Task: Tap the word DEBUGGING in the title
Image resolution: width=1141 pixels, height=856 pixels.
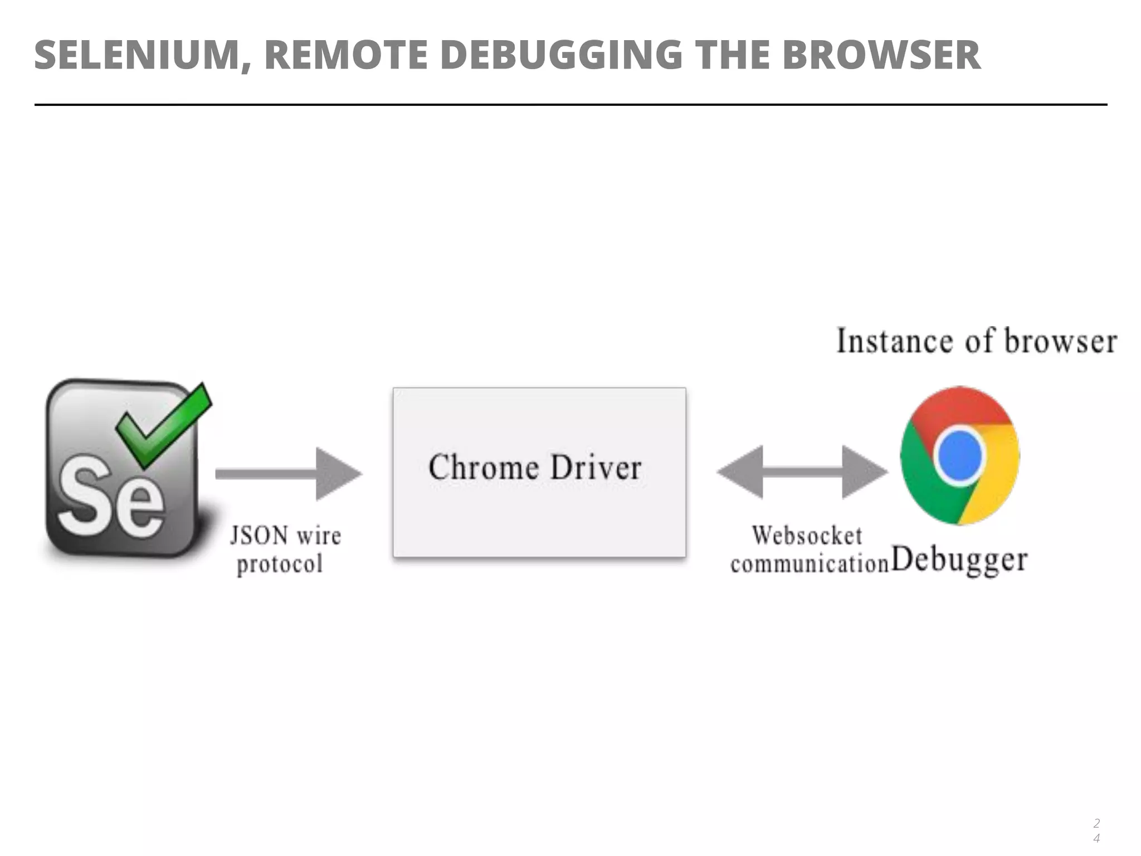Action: pyautogui.click(x=561, y=55)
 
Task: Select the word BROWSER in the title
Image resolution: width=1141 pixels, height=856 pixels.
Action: pyautogui.click(x=881, y=55)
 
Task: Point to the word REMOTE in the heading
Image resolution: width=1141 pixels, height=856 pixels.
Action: pyautogui.click(x=345, y=55)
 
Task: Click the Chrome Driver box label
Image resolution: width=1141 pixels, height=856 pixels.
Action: pyautogui.click(x=535, y=468)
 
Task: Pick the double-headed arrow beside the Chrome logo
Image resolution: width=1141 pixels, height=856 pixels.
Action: pyautogui.click(x=802, y=472)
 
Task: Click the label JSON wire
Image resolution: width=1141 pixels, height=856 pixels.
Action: pyautogui.click(x=285, y=536)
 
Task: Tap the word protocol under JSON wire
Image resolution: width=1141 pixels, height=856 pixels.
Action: pyautogui.click(x=280, y=564)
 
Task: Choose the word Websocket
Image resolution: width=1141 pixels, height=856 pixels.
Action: pyautogui.click(x=806, y=536)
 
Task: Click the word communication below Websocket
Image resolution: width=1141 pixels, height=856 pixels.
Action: pyautogui.click(x=809, y=564)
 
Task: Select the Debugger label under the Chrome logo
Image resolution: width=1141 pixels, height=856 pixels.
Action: pyautogui.click(x=959, y=560)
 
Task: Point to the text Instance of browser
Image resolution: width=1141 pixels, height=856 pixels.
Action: pyautogui.click(x=977, y=341)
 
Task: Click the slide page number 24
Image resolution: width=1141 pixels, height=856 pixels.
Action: pyautogui.click(x=1096, y=830)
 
